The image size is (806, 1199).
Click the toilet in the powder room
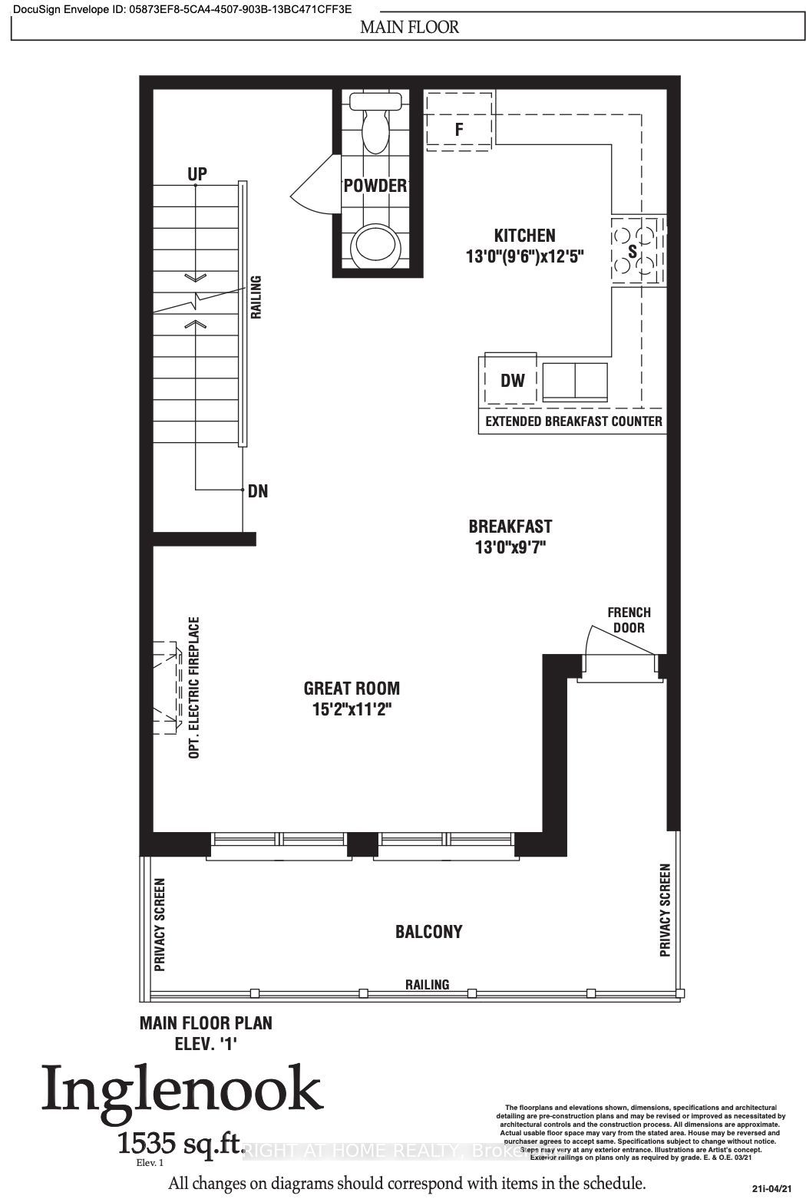(x=375, y=123)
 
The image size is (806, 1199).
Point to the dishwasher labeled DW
(x=511, y=380)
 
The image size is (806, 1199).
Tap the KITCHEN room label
(x=524, y=236)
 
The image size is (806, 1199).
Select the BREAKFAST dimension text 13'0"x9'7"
(x=510, y=547)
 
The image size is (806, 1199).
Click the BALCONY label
(x=428, y=932)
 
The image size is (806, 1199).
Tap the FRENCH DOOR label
(x=629, y=619)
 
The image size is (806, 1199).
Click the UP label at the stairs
(x=197, y=174)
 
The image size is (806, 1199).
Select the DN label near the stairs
(x=258, y=491)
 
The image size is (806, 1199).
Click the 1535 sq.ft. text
(x=181, y=1145)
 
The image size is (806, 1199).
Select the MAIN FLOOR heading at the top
(x=410, y=28)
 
